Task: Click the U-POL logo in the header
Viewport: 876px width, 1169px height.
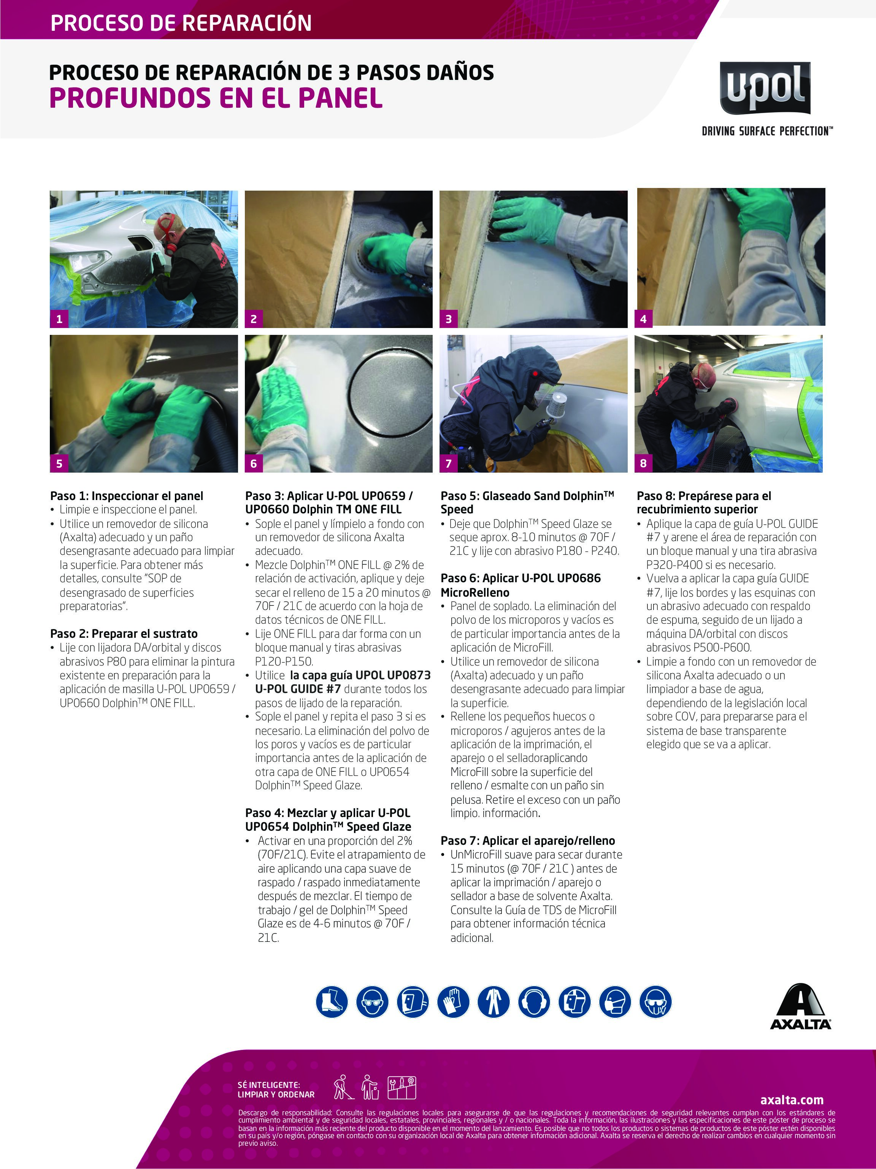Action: (x=765, y=88)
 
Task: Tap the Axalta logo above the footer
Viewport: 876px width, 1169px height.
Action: (x=800, y=1007)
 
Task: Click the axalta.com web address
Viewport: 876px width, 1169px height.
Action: (x=792, y=1100)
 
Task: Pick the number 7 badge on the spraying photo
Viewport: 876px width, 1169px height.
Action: (x=448, y=463)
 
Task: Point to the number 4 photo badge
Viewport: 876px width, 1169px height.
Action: (x=643, y=319)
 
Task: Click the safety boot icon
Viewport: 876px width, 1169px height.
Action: (x=332, y=1002)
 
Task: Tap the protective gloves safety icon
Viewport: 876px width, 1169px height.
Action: (x=453, y=1002)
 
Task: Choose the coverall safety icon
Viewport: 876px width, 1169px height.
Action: (x=493, y=1002)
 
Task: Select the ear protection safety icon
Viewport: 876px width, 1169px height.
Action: (x=534, y=1002)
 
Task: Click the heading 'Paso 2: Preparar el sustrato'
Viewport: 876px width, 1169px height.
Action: (x=124, y=634)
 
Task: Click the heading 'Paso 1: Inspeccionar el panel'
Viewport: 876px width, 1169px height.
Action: (x=126, y=496)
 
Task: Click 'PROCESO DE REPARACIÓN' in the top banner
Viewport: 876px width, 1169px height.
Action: (x=181, y=23)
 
